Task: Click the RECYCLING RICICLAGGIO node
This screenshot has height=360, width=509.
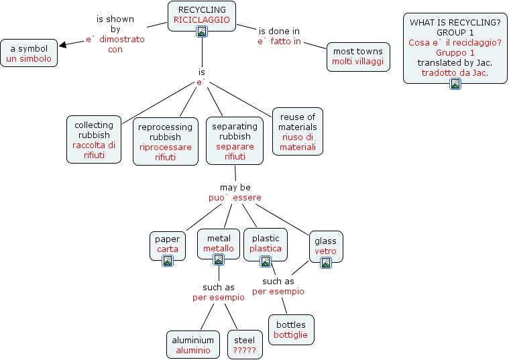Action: (x=201, y=15)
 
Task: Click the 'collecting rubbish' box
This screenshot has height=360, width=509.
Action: (x=95, y=139)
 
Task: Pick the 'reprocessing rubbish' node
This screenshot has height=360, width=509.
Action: (x=165, y=141)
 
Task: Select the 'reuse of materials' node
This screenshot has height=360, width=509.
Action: (x=297, y=131)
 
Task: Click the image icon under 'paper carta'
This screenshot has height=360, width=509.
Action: (x=168, y=261)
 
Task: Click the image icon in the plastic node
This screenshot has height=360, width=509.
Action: (x=266, y=261)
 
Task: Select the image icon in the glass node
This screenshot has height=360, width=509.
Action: (x=326, y=263)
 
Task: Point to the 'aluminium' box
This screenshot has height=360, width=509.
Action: (x=193, y=345)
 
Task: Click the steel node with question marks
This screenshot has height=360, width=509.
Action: (x=244, y=345)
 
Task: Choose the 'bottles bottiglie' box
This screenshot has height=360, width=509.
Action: (x=290, y=329)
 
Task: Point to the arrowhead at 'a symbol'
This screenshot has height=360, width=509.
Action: (x=63, y=46)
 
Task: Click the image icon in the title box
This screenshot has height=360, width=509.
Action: (x=455, y=83)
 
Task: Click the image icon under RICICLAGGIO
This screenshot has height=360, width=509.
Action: (x=201, y=32)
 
